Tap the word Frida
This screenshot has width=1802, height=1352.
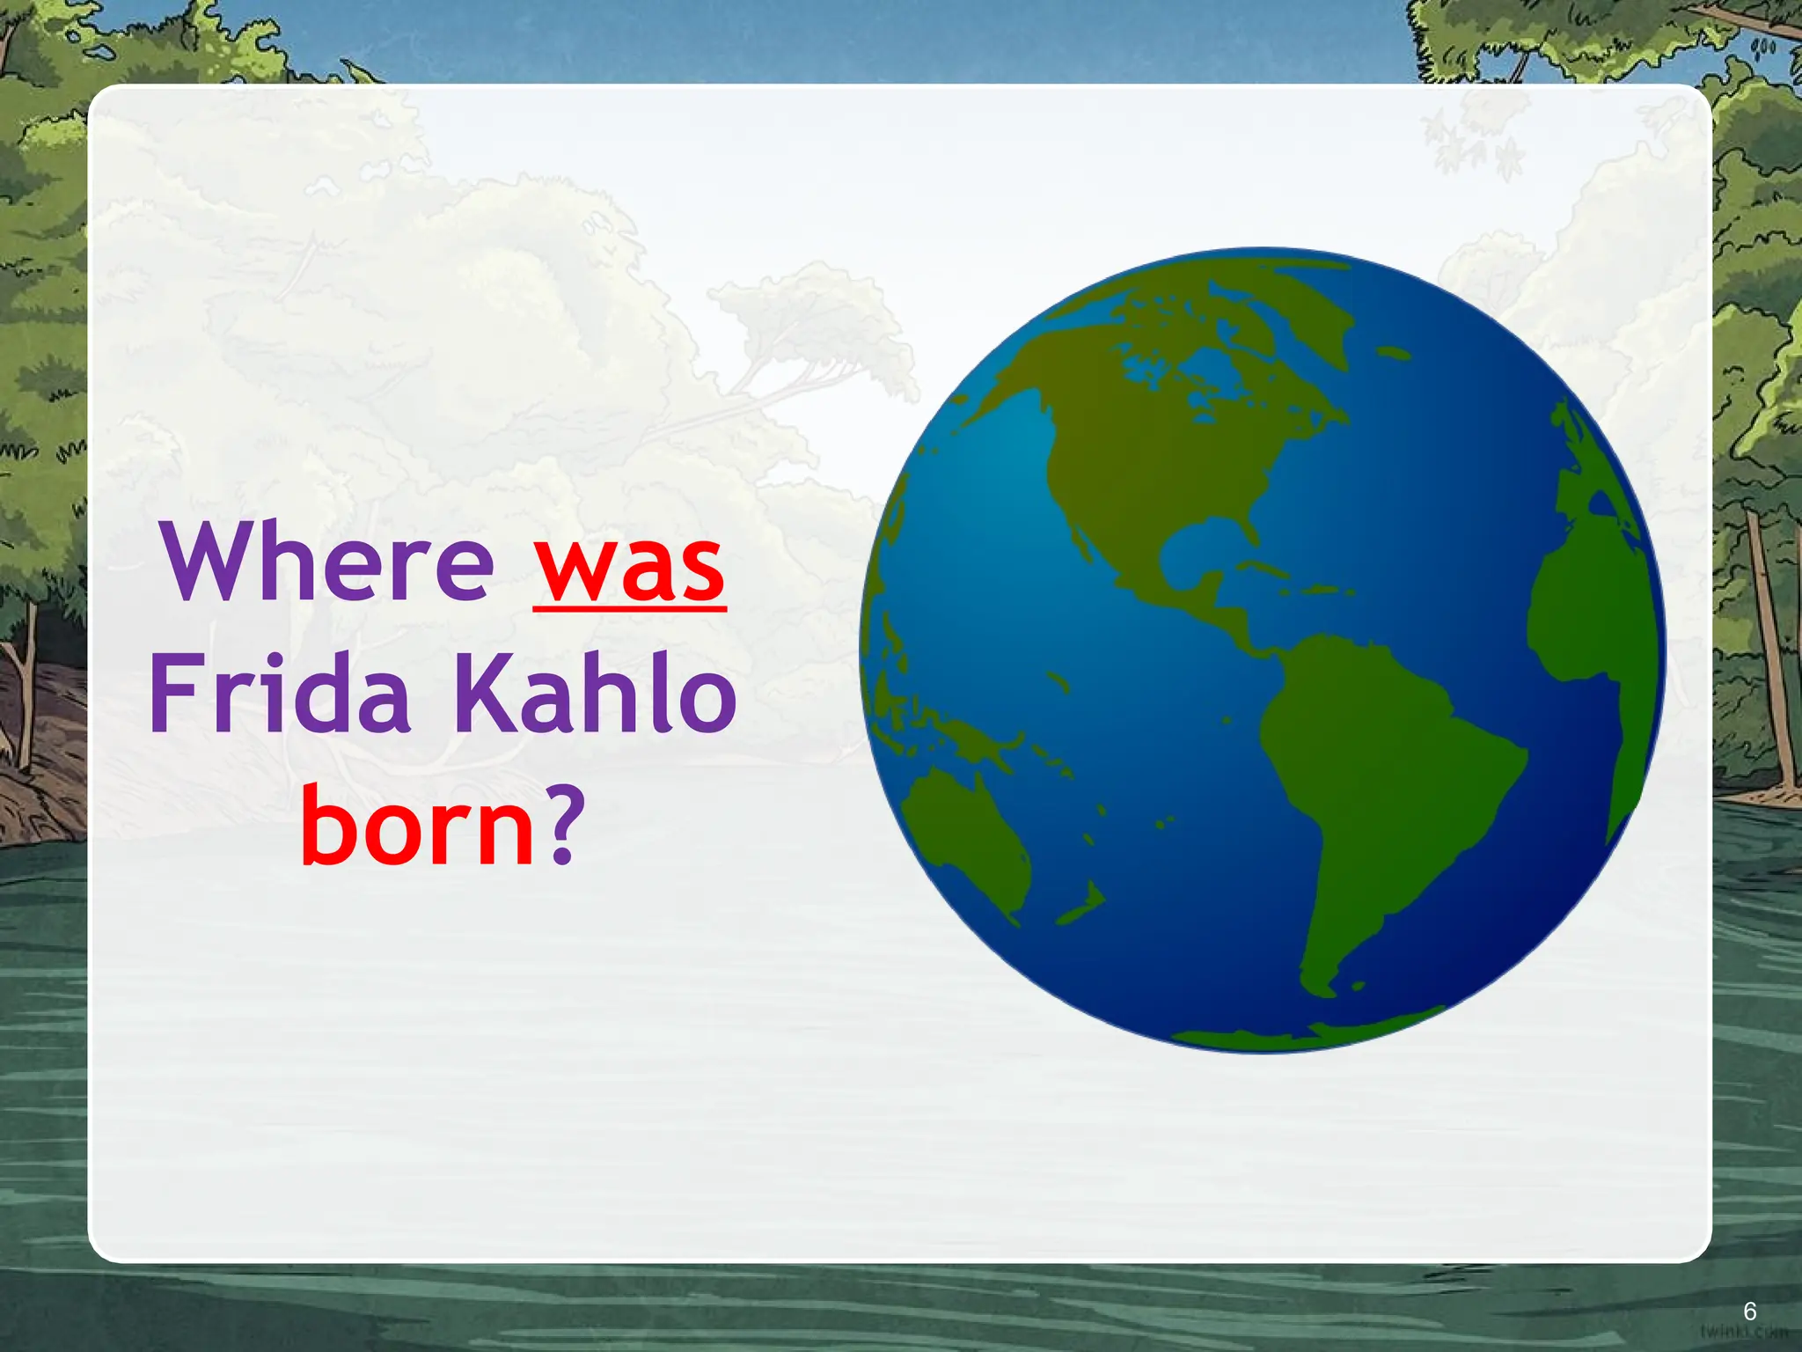[x=280, y=695]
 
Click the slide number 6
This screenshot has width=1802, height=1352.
[x=1749, y=1312]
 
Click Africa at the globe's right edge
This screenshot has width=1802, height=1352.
[x=1584, y=616]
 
